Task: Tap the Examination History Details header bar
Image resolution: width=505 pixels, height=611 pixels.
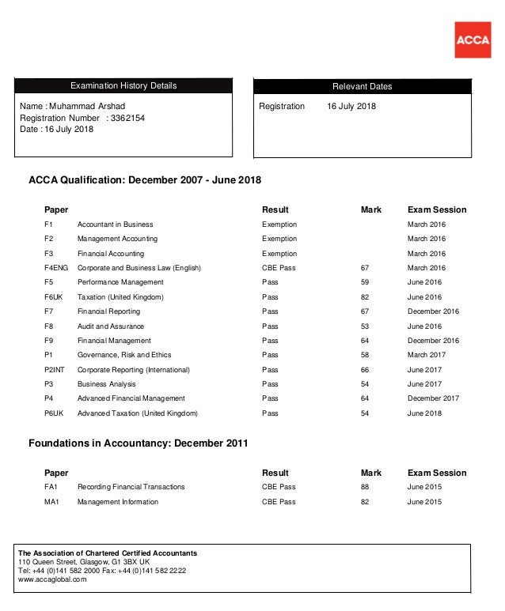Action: (123, 85)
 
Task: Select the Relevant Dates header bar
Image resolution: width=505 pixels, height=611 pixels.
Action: (362, 86)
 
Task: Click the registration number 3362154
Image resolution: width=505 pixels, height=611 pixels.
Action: (127, 118)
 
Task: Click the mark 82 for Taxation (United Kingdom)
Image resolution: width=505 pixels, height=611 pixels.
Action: (365, 297)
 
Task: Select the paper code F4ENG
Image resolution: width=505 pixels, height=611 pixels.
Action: (56, 268)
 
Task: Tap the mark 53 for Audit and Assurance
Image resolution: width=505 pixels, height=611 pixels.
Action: (365, 326)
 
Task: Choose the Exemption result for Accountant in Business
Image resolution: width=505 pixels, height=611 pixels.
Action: (279, 224)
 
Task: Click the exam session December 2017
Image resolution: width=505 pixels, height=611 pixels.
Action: (433, 398)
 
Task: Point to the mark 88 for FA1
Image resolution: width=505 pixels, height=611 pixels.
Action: (365, 487)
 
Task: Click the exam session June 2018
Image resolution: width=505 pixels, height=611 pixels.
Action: (425, 413)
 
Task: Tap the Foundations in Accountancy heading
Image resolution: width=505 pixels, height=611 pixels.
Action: (138, 443)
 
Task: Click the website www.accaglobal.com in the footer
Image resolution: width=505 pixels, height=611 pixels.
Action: (52, 579)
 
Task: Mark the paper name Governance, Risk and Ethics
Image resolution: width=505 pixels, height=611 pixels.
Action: (124, 355)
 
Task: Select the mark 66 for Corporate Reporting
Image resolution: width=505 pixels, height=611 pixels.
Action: (365, 370)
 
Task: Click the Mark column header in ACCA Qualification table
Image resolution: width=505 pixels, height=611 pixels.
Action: (371, 209)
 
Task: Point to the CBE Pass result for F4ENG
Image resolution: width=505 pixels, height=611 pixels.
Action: (279, 268)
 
